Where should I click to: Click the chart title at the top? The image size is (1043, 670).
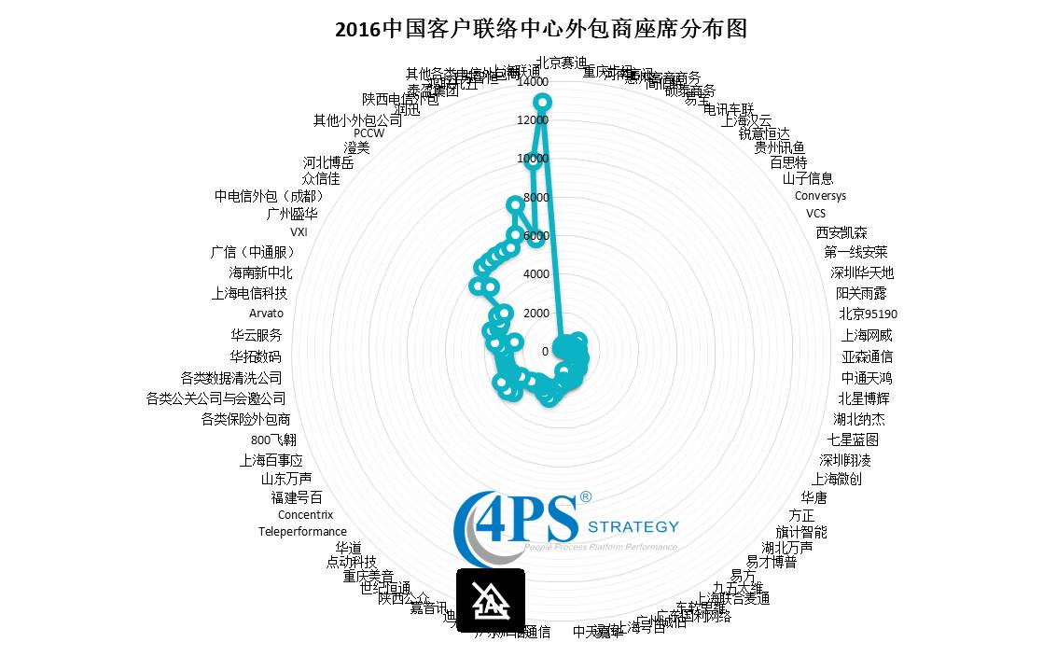[541, 29]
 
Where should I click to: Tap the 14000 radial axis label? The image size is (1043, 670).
[533, 82]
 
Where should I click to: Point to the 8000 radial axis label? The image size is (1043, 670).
[535, 198]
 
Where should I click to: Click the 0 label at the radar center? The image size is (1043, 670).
[546, 351]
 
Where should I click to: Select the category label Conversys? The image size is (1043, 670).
[820, 196]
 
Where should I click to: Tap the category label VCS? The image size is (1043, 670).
[815, 213]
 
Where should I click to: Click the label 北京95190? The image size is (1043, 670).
[868, 314]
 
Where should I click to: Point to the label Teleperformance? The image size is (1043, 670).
[302, 532]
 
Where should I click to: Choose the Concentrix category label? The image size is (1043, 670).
[305, 514]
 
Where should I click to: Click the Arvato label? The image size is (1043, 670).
[266, 314]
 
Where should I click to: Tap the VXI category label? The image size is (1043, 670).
[299, 231]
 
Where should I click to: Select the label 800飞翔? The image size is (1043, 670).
[273, 440]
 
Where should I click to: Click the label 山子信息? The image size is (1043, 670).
[808, 178]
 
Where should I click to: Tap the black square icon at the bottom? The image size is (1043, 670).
[491, 599]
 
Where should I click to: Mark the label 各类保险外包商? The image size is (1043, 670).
[245, 419]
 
